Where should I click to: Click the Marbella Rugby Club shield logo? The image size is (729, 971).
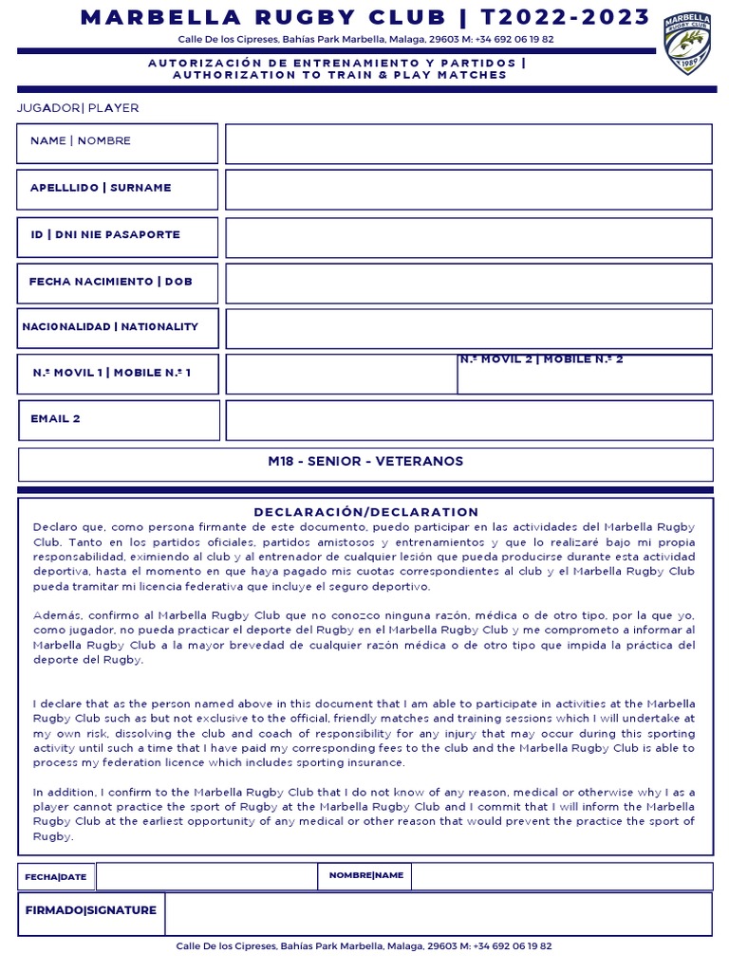(687, 44)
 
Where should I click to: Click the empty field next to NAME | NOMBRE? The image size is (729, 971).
(468, 143)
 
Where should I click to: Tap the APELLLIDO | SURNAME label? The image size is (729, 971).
(101, 188)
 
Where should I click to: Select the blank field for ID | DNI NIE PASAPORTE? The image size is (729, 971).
(468, 236)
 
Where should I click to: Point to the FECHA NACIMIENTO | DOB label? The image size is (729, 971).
(110, 282)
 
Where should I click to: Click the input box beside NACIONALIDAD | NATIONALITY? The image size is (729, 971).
(468, 328)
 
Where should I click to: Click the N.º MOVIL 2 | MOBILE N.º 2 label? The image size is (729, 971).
(541, 359)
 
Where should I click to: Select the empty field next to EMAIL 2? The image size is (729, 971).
(468, 420)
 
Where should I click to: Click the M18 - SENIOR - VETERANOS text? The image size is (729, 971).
(365, 462)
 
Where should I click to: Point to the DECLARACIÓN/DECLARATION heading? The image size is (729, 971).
(365, 512)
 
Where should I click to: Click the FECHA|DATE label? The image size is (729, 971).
(56, 877)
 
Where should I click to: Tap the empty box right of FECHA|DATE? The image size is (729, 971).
(206, 877)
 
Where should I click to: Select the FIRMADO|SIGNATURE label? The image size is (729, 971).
(91, 910)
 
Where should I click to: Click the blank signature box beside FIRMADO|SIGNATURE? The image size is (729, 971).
(438, 914)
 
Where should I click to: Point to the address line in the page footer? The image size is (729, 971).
(364, 946)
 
